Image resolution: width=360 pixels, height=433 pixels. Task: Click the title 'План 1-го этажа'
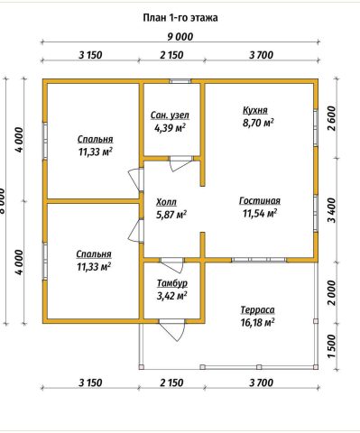click(180, 18)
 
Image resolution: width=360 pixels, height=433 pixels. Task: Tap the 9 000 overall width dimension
click(180, 37)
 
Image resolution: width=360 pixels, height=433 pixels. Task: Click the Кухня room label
click(255, 110)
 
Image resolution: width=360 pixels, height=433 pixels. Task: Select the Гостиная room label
click(260, 201)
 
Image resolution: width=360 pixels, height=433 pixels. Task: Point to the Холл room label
click(166, 202)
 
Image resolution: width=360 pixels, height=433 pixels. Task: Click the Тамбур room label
click(172, 283)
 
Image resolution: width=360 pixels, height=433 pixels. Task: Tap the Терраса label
click(257, 309)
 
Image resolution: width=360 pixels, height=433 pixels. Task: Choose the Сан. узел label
click(170, 115)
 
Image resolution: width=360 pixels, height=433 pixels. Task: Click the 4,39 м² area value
click(170, 128)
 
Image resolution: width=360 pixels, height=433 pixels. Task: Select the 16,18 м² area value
click(257, 322)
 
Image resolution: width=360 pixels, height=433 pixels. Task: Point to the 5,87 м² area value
click(171, 215)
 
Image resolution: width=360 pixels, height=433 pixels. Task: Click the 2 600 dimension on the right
click(331, 118)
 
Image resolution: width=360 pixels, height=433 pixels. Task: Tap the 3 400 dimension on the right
click(331, 210)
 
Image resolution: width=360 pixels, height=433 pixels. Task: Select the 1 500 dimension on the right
click(331, 346)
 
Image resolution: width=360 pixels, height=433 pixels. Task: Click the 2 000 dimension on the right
click(331, 292)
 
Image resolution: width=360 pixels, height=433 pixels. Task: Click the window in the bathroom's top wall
click(180, 81)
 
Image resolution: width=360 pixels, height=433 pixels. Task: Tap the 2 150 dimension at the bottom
click(171, 382)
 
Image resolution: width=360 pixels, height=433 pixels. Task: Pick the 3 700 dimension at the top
click(262, 55)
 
